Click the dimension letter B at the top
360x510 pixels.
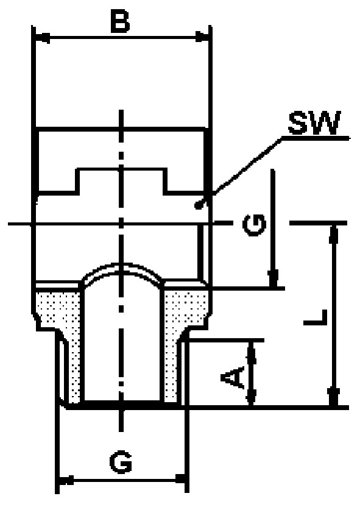click(120, 21)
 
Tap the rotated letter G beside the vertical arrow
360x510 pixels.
click(254, 225)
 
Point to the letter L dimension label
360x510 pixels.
click(315, 317)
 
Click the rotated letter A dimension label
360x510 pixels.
click(232, 377)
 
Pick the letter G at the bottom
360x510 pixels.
click(121, 462)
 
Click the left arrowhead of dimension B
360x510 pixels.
click(42, 38)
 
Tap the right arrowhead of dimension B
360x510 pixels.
click(202, 37)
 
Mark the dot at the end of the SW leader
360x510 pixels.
click(197, 205)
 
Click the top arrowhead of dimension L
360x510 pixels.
click(334, 235)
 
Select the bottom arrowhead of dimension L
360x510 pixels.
click(334, 397)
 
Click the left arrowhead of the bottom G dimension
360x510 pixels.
click(66, 480)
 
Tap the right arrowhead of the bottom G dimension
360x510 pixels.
click(181, 478)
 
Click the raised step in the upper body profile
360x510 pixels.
click(122, 181)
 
